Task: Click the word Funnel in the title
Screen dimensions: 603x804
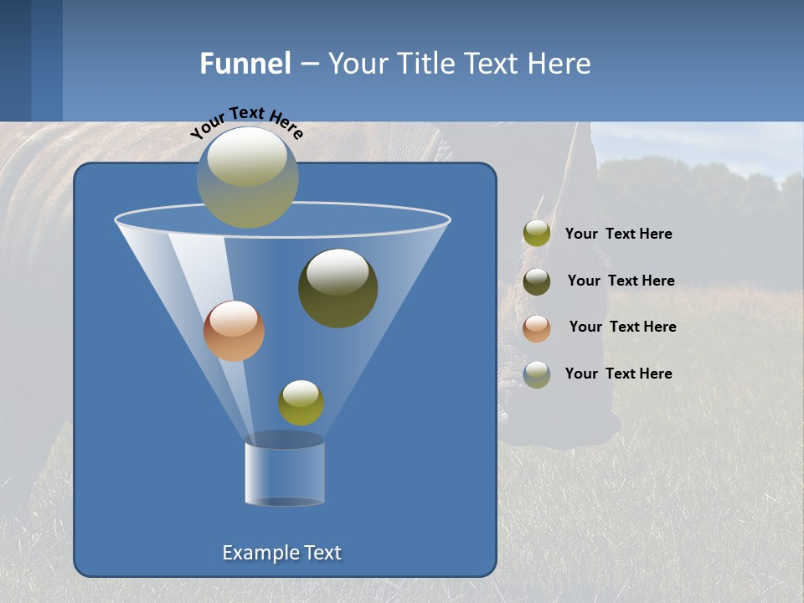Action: (245, 64)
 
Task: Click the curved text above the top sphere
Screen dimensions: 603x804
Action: (246, 121)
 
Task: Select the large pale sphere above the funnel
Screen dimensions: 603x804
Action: (248, 178)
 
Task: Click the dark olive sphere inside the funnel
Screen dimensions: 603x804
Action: (338, 288)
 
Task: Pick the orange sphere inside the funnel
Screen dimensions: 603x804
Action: (234, 331)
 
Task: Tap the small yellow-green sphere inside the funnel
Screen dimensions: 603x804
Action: (301, 403)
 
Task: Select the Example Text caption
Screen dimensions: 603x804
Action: (282, 553)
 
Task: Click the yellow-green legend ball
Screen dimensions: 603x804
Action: (537, 234)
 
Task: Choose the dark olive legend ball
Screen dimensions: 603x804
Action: (537, 281)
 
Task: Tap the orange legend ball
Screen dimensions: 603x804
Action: (537, 327)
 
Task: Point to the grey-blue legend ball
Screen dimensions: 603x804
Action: (537, 374)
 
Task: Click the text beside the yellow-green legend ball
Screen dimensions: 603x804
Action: (618, 234)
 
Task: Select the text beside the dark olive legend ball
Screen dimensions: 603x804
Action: (621, 281)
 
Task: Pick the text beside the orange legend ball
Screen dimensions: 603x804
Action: (622, 327)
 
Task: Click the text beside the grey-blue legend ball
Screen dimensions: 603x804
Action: (618, 374)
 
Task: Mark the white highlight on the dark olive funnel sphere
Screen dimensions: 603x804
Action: (338, 272)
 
